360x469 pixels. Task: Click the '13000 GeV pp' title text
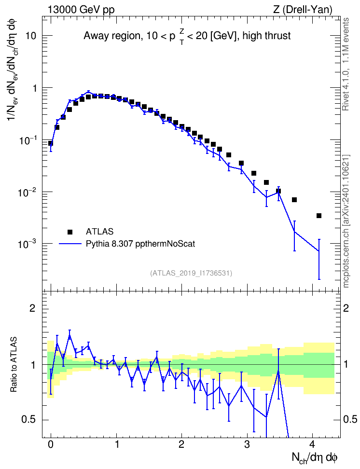[81, 10]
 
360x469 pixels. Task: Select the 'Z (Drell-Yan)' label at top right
[303, 10]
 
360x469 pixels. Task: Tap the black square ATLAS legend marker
[70, 232]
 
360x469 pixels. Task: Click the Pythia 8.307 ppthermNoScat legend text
[140, 244]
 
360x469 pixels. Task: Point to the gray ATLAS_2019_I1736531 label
[191, 273]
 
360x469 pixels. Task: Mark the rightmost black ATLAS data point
[319, 216]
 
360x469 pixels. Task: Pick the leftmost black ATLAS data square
[51, 143]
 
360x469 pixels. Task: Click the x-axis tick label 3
[247, 444]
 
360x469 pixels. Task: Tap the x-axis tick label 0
[51, 444]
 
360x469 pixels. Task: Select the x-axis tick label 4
[312, 444]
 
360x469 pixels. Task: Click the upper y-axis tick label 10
[30, 36]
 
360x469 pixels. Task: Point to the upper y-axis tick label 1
[34, 88]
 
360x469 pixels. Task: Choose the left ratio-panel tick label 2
[32, 308]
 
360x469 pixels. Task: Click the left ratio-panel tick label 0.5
[29, 420]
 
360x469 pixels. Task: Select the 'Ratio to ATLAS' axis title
[13, 365]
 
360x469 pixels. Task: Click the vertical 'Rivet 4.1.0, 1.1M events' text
[346, 64]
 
